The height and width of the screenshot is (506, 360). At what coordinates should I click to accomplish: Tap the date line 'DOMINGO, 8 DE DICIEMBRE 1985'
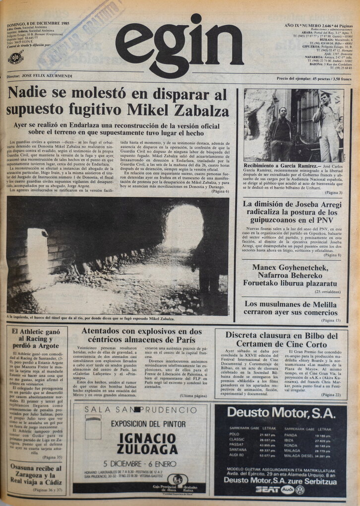point(38,23)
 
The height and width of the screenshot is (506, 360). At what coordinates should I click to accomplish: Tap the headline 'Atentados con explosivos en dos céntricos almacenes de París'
point(141,335)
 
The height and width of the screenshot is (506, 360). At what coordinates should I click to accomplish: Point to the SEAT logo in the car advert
point(267,489)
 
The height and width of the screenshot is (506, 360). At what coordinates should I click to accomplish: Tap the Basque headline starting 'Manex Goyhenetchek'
point(290,278)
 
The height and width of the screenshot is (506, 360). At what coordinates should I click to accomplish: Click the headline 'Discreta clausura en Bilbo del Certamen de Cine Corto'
point(282,339)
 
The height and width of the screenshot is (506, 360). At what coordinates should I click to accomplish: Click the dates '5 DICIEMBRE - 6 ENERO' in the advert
point(141,463)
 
